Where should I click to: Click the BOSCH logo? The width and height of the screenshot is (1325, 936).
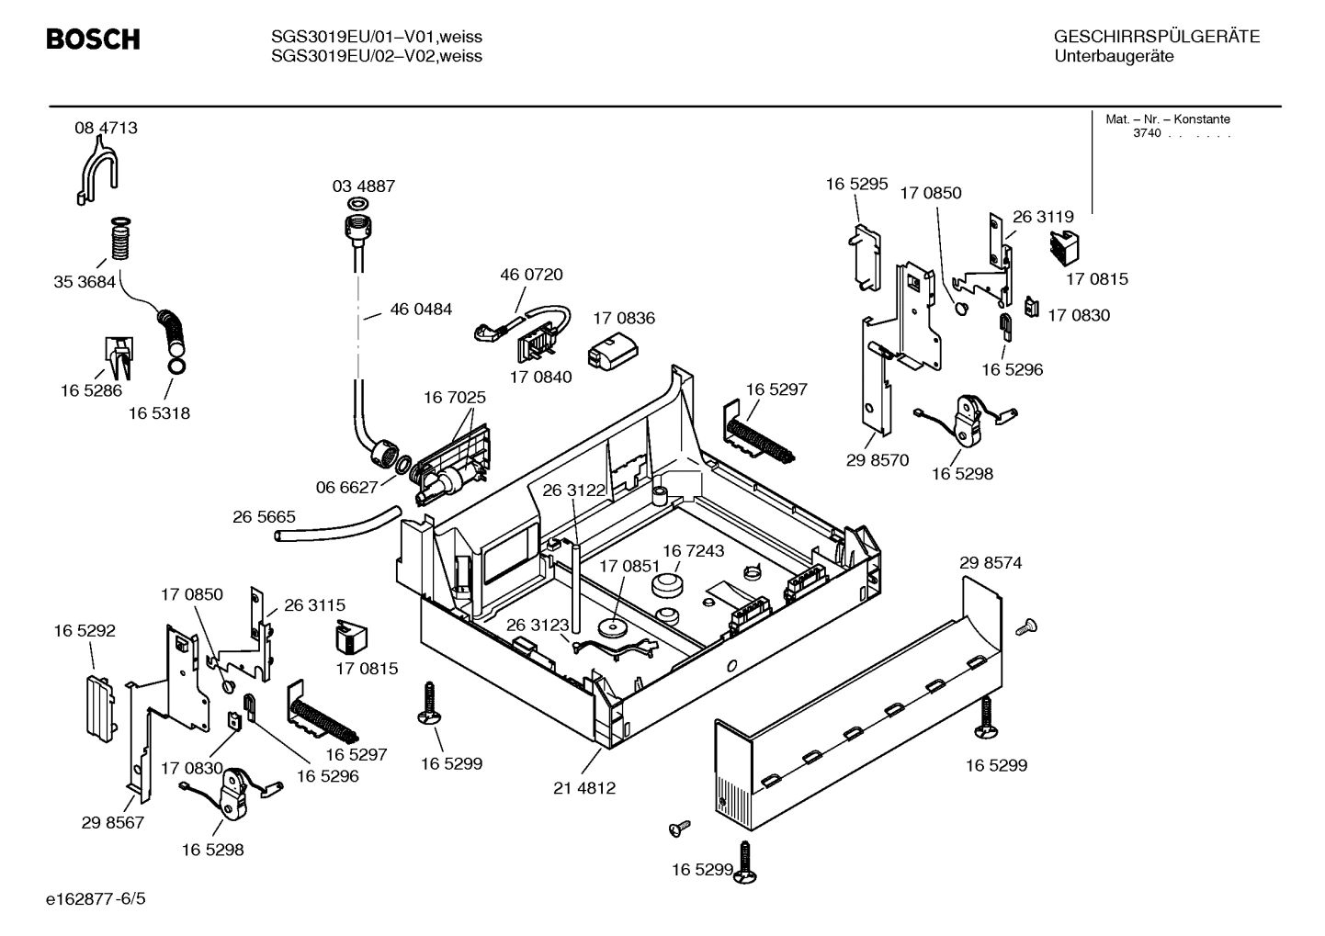pyautogui.click(x=93, y=39)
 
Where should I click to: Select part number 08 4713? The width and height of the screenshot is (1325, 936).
pyautogui.click(x=106, y=128)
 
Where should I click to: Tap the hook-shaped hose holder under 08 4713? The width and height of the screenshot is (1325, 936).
pyautogui.click(x=96, y=175)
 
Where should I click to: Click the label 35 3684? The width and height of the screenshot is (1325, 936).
pyautogui.click(x=85, y=282)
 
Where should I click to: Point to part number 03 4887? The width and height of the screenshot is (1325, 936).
pyautogui.click(x=364, y=186)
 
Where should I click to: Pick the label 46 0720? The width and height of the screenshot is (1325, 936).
pyautogui.click(x=531, y=274)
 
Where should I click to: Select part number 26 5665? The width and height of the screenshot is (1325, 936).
pyautogui.click(x=264, y=517)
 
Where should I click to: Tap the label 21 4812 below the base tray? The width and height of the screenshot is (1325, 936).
pyautogui.click(x=584, y=787)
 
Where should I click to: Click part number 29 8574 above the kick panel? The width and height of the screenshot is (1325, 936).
pyautogui.click(x=991, y=562)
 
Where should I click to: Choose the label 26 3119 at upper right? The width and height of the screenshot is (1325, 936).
pyautogui.click(x=1043, y=217)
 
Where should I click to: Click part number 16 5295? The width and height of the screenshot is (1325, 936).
pyautogui.click(x=856, y=184)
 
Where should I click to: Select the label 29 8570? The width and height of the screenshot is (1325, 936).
pyautogui.click(x=878, y=460)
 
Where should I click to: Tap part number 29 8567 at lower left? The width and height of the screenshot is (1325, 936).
pyautogui.click(x=112, y=822)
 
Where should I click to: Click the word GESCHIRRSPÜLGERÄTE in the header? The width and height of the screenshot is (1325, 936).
pyautogui.click(x=1156, y=37)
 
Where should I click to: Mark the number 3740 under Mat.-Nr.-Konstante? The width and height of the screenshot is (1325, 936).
pyautogui.click(x=1147, y=133)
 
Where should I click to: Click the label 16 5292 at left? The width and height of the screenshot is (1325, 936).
pyautogui.click(x=85, y=630)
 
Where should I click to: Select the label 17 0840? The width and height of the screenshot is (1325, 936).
pyautogui.click(x=540, y=377)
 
